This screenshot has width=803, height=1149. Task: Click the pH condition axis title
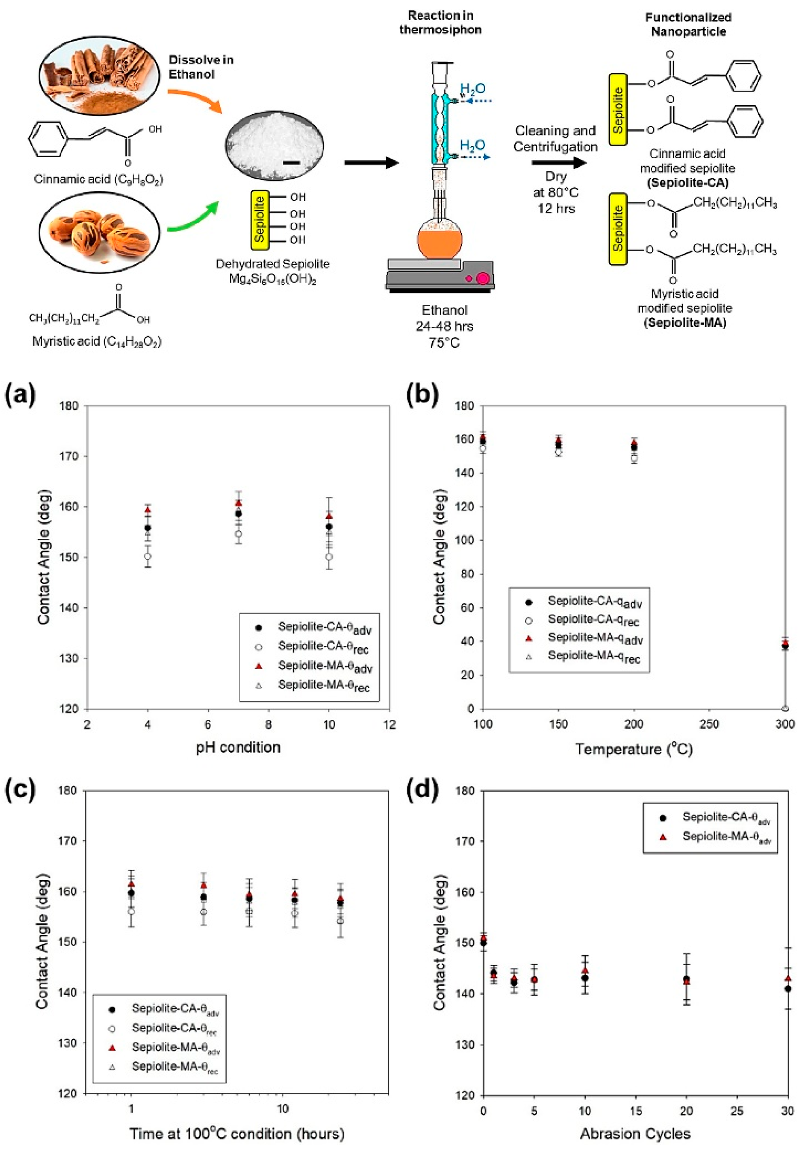click(238, 747)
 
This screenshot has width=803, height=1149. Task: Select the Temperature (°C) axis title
click(633, 749)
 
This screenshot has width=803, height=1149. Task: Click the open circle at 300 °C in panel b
click(785, 708)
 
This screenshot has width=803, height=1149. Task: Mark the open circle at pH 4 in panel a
click(148, 556)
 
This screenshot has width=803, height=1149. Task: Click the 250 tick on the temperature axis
click(709, 724)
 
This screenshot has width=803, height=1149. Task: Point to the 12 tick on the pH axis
click(389, 724)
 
